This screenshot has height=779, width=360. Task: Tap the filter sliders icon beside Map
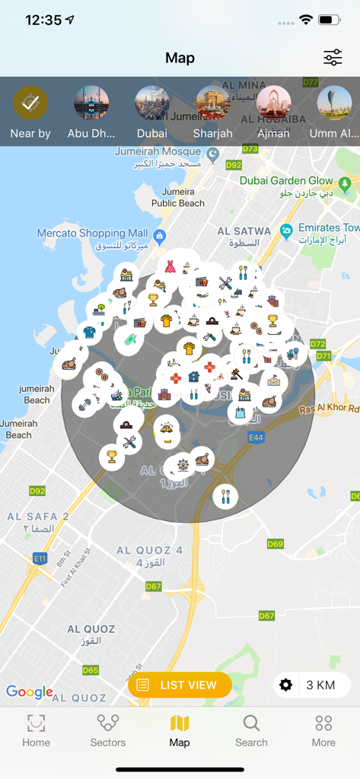tap(333, 58)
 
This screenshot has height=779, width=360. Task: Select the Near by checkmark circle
tap(30, 103)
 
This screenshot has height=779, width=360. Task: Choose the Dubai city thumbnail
tap(152, 103)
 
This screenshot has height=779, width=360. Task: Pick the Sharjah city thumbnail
tap(213, 103)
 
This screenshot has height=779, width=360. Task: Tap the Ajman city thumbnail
tap(274, 103)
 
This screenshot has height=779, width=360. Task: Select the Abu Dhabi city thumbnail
tap(91, 103)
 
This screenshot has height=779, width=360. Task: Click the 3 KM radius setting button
tap(311, 685)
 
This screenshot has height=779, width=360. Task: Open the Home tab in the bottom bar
tap(36, 730)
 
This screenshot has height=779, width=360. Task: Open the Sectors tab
tap(108, 730)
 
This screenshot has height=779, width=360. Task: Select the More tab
tap(323, 730)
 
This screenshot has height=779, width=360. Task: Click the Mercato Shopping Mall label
tap(92, 233)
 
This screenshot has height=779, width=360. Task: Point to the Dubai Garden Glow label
tap(286, 180)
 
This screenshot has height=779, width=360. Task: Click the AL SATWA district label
tap(244, 231)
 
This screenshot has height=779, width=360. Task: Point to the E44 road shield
tap(256, 437)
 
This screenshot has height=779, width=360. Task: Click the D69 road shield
tap(275, 544)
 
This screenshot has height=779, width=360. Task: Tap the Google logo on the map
tap(30, 692)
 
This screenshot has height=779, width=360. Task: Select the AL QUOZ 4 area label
tap(149, 550)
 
